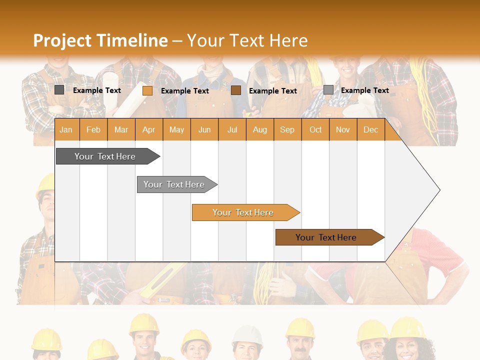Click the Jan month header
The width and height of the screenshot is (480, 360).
[x=66, y=129]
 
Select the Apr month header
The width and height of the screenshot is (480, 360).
[x=148, y=129]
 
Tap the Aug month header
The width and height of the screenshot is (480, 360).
[x=259, y=129]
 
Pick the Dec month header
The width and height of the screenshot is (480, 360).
[x=370, y=129]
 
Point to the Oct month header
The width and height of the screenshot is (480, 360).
[x=315, y=129]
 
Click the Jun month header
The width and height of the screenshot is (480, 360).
[x=204, y=129]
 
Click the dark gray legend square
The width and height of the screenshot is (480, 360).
[x=59, y=90]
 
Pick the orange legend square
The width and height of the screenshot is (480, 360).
[x=147, y=90]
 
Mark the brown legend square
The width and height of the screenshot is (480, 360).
[x=236, y=90]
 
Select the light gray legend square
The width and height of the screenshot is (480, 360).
[x=328, y=90]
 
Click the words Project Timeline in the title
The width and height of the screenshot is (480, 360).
[x=100, y=40]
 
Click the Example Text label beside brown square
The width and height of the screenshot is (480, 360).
[x=272, y=90]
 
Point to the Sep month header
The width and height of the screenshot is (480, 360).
[x=287, y=129]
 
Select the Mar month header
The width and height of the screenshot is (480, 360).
[x=121, y=129]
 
